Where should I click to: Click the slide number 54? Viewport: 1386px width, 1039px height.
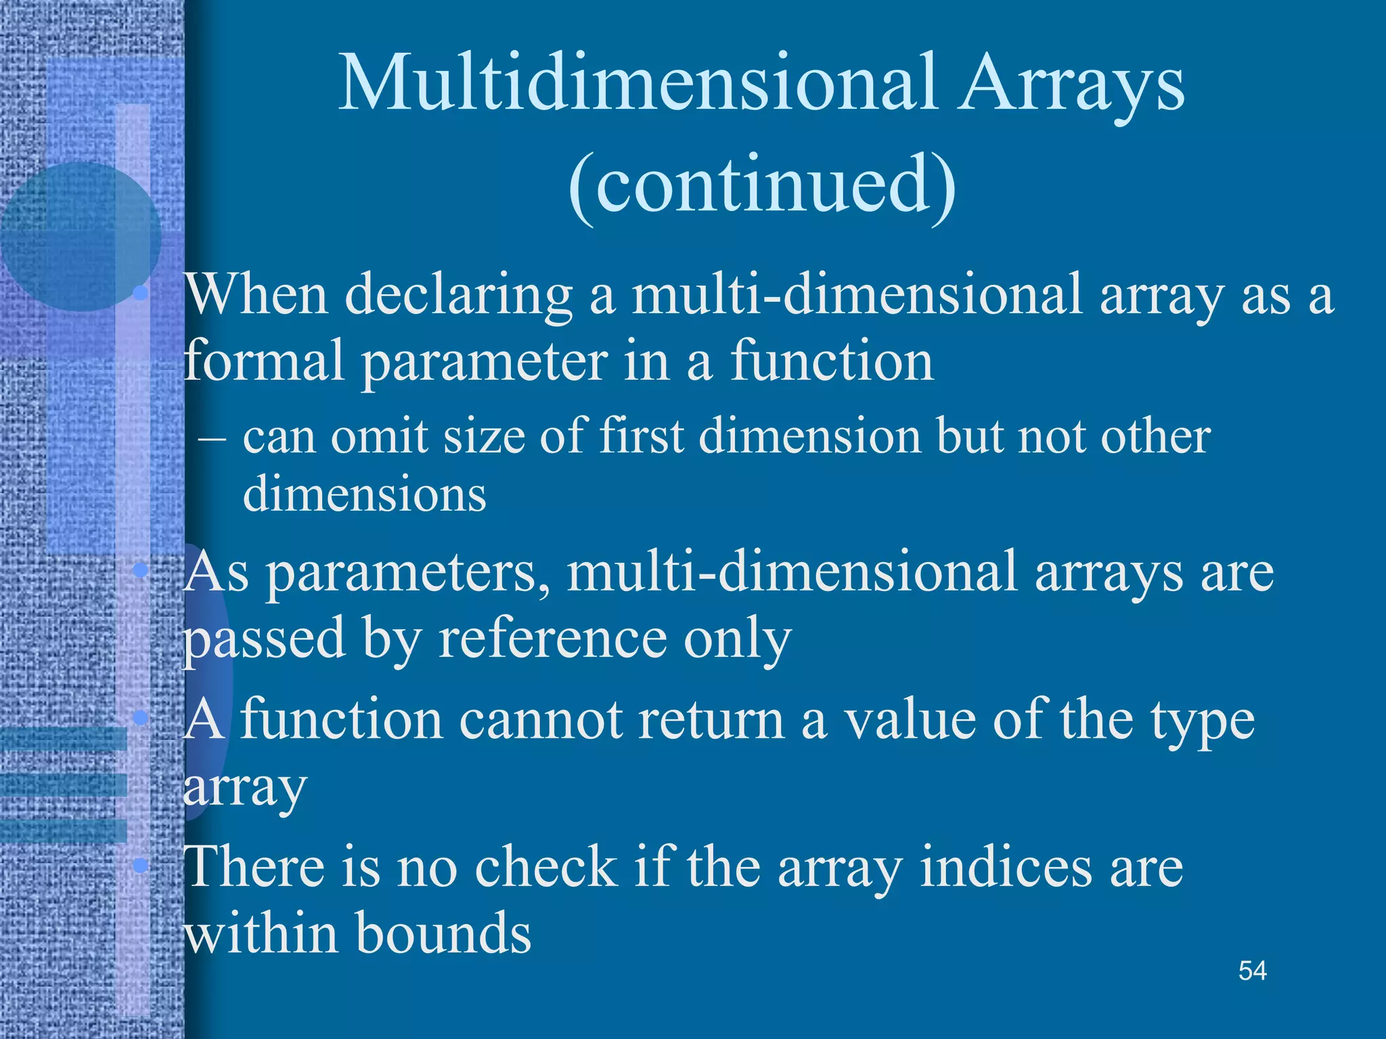coord(1252,971)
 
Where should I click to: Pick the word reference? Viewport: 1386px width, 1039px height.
coord(552,639)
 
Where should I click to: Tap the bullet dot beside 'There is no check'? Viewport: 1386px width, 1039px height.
coord(141,864)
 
